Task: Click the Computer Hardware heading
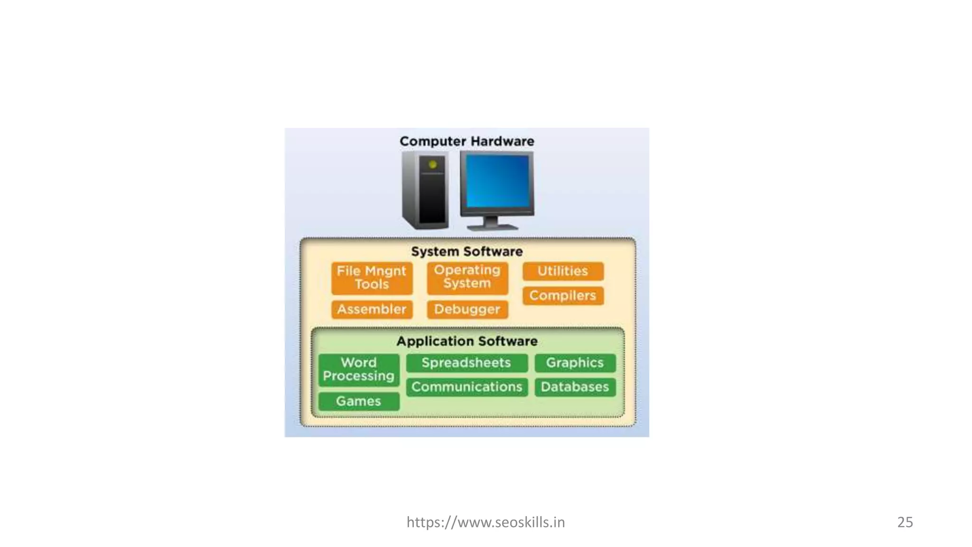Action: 467,141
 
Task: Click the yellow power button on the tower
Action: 432,165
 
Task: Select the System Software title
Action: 467,251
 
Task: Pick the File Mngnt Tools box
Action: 372,278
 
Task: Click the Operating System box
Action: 467,277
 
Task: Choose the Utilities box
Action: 563,271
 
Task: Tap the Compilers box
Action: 563,295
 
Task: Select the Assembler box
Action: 372,309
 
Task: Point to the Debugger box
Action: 467,309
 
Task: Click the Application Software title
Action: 467,341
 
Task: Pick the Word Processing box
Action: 359,369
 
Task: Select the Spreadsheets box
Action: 467,363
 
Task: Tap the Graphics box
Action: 575,363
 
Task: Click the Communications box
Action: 467,387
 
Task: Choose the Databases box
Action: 575,387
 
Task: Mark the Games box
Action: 359,401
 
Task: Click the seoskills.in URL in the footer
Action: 486,522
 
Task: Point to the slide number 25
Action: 905,522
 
